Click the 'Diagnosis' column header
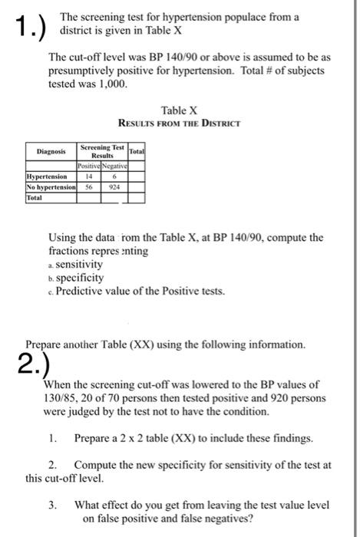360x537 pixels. pos(51,152)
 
